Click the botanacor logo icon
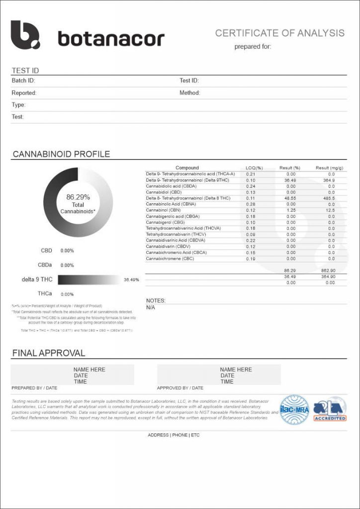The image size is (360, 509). [25, 35]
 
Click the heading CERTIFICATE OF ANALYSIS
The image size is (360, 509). [279, 33]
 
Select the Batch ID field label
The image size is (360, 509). [23, 81]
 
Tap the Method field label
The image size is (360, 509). [189, 93]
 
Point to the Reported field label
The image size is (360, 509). [24, 93]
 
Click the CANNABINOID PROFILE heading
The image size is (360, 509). [61, 154]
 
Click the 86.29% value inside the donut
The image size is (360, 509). [78, 197]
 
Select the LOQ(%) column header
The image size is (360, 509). [254, 168]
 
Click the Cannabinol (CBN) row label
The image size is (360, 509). [164, 210]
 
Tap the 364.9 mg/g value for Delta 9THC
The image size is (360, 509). [329, 180]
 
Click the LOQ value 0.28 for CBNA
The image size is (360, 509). [251, 204]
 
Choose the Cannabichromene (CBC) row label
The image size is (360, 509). [170, 258]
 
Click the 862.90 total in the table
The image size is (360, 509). [328, 270]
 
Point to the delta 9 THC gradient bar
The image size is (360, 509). [89, 280]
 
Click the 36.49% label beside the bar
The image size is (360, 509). [131, 280]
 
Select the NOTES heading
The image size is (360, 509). [156, 301]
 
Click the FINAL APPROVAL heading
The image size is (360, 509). [48, 353]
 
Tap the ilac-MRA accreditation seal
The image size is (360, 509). [294, 410]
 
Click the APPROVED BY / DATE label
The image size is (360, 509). [180, 388]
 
